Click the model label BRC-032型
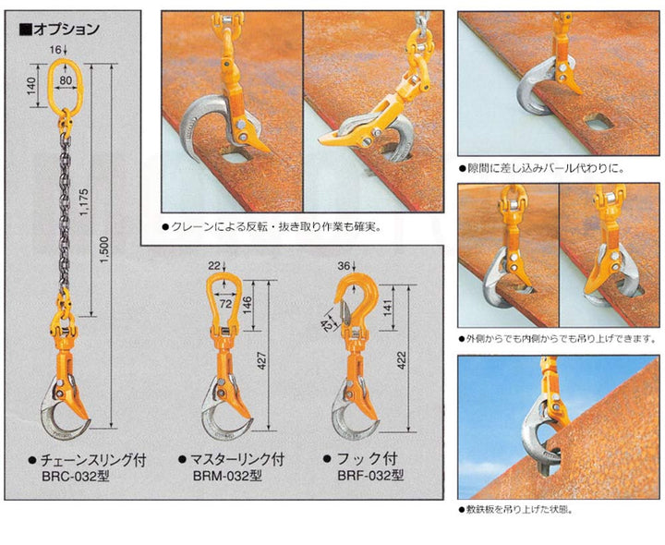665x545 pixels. pos(76,477)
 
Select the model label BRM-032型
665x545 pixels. pos(227,476)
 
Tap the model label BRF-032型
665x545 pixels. pos(370,476)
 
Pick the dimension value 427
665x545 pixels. pos(261,360)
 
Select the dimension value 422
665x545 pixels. pos(401,360)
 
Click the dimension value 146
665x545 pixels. pos(248,306)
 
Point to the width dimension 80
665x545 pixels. pos(66,80)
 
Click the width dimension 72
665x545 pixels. pos(225,304)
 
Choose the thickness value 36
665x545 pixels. pos(344,266)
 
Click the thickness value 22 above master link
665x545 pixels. pos(214,266)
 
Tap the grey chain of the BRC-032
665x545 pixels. pos(65,212)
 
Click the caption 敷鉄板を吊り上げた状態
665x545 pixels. pos(515,509)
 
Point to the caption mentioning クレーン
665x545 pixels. pos(272,227)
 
